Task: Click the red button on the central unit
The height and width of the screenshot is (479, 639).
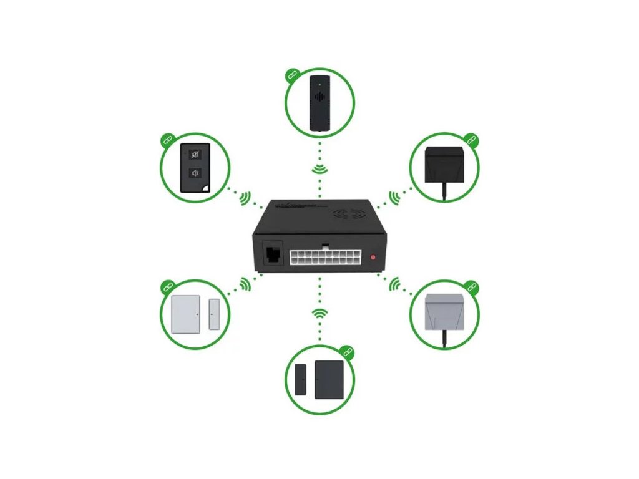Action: coord(373,257)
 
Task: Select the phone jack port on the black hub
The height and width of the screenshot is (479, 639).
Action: coord(273,255)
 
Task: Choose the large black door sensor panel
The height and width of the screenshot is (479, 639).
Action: coord(329,380)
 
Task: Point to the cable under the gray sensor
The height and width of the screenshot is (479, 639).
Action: coord(444,337)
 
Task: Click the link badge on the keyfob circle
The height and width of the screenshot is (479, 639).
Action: coord(167,140)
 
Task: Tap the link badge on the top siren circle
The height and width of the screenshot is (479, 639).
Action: coord(291,75)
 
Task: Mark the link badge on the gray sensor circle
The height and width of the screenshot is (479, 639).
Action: coord(472,287)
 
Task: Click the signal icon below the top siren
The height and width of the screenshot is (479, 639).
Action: coord(320,169)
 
